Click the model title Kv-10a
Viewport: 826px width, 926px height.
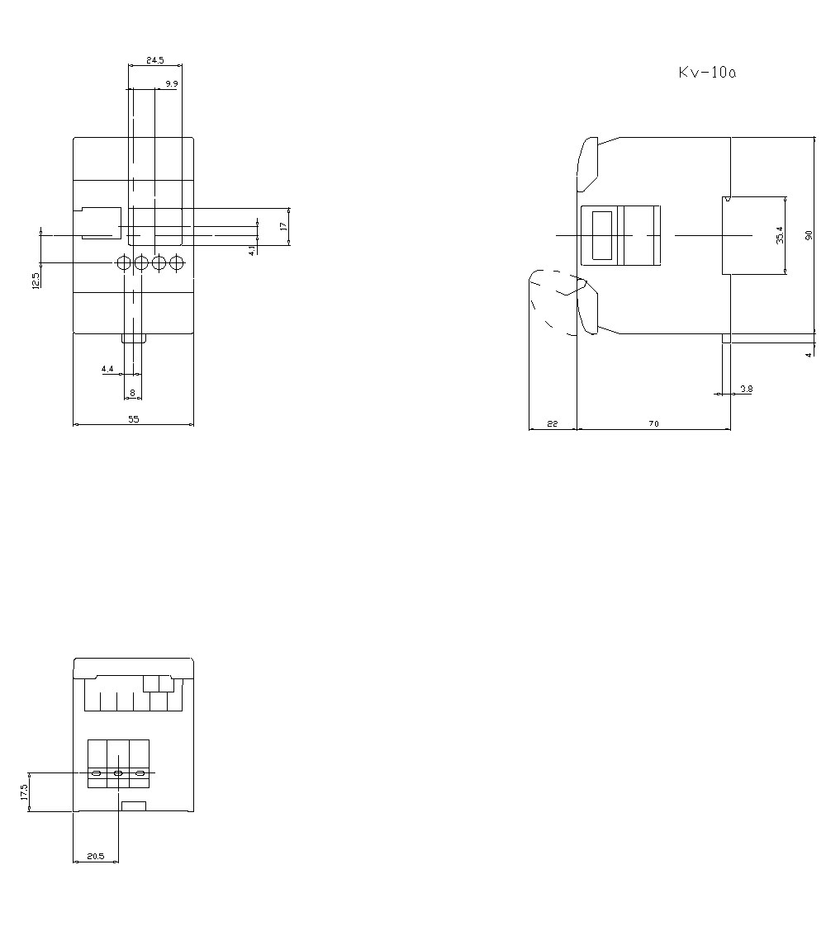tap(707, 73)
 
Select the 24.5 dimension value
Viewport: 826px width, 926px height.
tap(155, 60)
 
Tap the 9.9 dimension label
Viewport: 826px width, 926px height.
tap(171, 84)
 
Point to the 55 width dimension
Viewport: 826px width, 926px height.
tap(134, 419)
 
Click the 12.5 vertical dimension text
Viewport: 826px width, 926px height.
tap(36, 281)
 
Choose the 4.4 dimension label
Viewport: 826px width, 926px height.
tap(107, 369)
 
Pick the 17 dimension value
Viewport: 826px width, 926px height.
tap(283, 225)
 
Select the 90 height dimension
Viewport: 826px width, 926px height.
tap(809, 236)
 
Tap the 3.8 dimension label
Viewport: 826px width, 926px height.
tap(746, 388)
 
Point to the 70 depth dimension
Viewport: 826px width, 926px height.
tap(653, 424)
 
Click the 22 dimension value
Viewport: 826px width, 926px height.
tap(553, 424)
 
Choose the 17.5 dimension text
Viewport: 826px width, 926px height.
tap(24, 792)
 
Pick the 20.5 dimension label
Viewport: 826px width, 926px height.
tap(95, 857)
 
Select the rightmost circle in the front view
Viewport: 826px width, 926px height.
tap(176, 263)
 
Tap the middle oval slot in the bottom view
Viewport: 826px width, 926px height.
tap(118, 773)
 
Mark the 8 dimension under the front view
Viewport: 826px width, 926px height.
tap(132, 393)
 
